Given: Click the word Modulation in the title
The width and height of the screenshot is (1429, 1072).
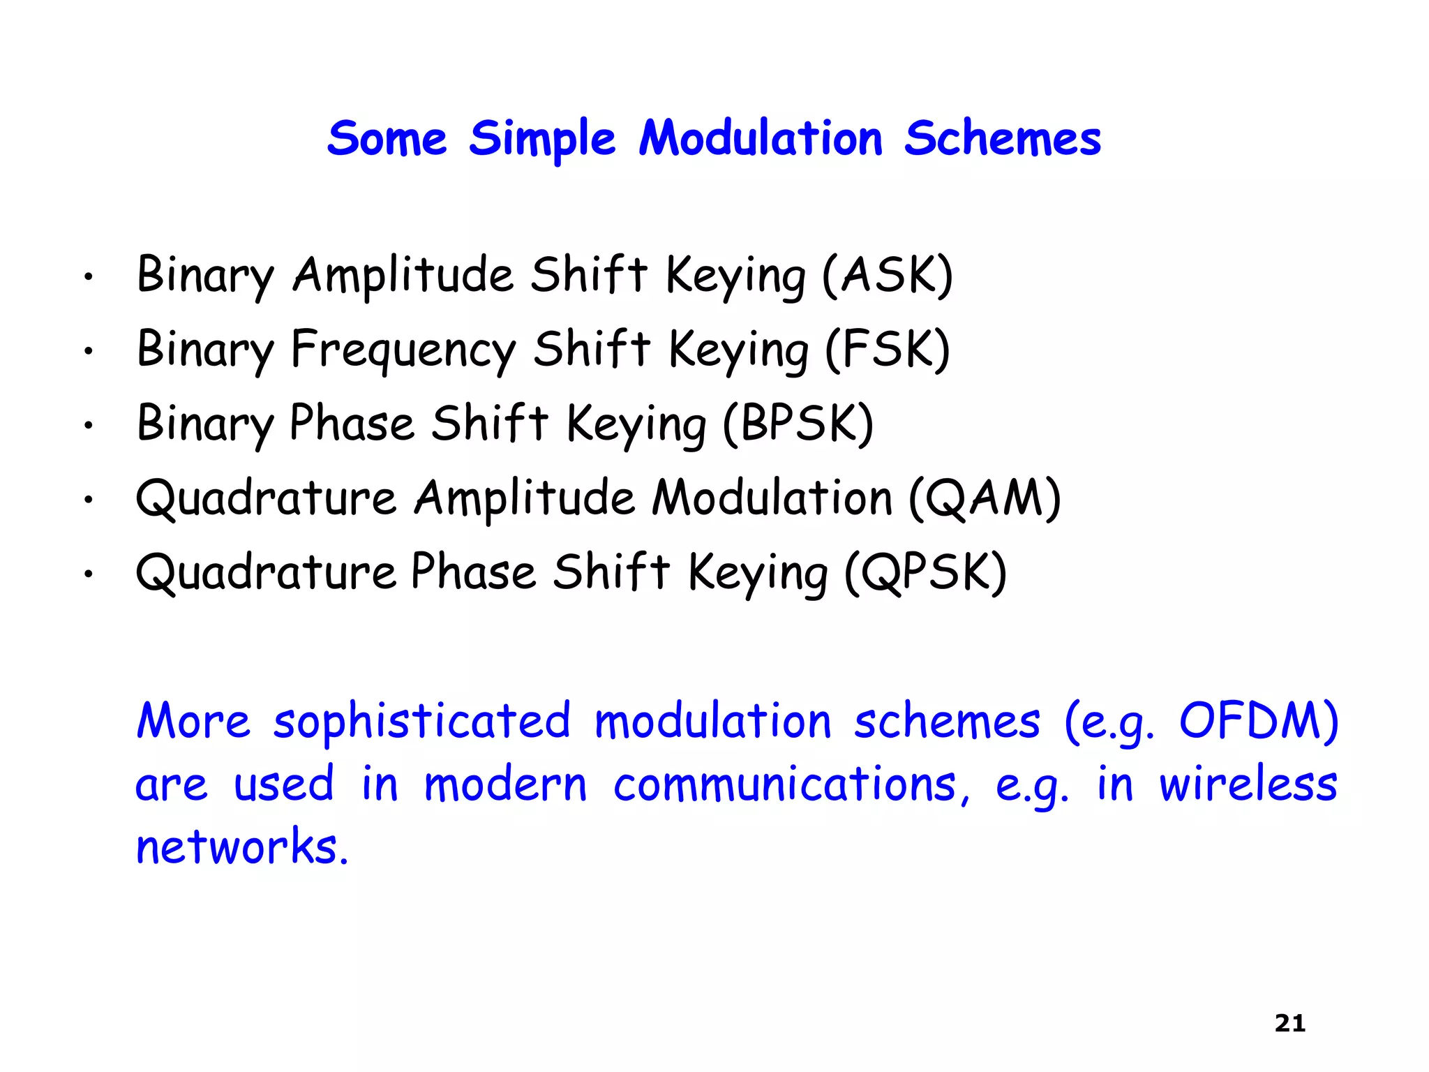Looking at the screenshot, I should (761, 138).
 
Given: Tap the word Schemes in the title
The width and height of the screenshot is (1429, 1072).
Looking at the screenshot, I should (1002, 138).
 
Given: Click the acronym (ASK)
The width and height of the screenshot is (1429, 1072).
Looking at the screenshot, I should (887, 275).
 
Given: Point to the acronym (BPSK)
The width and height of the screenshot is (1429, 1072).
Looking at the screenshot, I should (798, 423).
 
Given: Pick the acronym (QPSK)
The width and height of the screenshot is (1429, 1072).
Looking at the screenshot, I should (925, 572).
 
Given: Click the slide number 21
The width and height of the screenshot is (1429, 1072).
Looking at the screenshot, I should (1289, 1023).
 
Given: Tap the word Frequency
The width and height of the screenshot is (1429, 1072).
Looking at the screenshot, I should (403, 350).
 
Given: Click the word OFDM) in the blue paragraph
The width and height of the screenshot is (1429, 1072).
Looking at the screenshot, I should (1258, 720).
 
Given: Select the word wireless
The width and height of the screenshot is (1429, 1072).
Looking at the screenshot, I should (1248, 784).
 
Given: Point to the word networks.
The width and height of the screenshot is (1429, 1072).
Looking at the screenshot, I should (241, 847).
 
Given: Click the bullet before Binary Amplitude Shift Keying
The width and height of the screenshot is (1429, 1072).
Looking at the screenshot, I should (88, 278).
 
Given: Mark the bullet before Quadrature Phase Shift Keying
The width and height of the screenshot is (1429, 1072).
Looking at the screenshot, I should (88, 575).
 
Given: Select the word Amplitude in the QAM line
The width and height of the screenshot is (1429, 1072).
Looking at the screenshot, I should (524, 499).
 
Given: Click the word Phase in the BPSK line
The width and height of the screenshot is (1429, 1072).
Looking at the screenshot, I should (352, 423).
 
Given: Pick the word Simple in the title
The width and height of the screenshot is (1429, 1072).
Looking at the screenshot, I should (541, 140).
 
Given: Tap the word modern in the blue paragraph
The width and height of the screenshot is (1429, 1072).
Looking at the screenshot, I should (506, 784).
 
